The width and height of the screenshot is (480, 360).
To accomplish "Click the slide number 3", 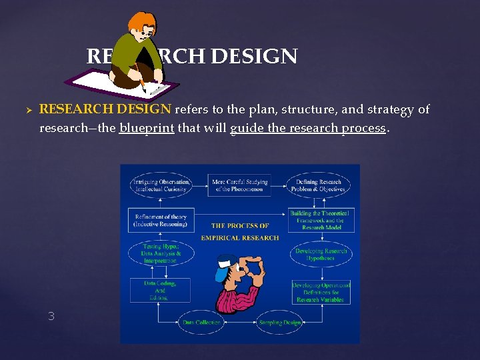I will click(x=51, y=316).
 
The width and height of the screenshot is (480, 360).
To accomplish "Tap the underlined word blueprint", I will click(x=147, y=128).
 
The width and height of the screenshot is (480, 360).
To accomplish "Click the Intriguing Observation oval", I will click(x=161, y=185).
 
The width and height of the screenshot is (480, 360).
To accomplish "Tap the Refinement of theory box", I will click(x=161, y=221).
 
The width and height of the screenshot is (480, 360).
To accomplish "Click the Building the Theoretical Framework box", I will click(x=321, y=220).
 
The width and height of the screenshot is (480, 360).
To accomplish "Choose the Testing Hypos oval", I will click(x=161, y=253).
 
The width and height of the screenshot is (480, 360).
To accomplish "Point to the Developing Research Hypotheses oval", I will click(x=321, y=254).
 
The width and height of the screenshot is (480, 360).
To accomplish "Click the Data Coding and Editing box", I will click(x=159, y=291).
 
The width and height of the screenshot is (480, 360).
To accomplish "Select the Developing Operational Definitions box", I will click(x=321, y=291).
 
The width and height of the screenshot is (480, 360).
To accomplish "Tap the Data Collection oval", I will click(x=202, y=322).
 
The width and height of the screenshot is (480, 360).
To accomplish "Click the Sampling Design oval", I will click(x=280, y=322).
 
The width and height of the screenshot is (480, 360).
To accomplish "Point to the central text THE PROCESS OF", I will click(x=240, y=226).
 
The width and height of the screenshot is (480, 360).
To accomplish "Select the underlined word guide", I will click(x=247, y=128).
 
